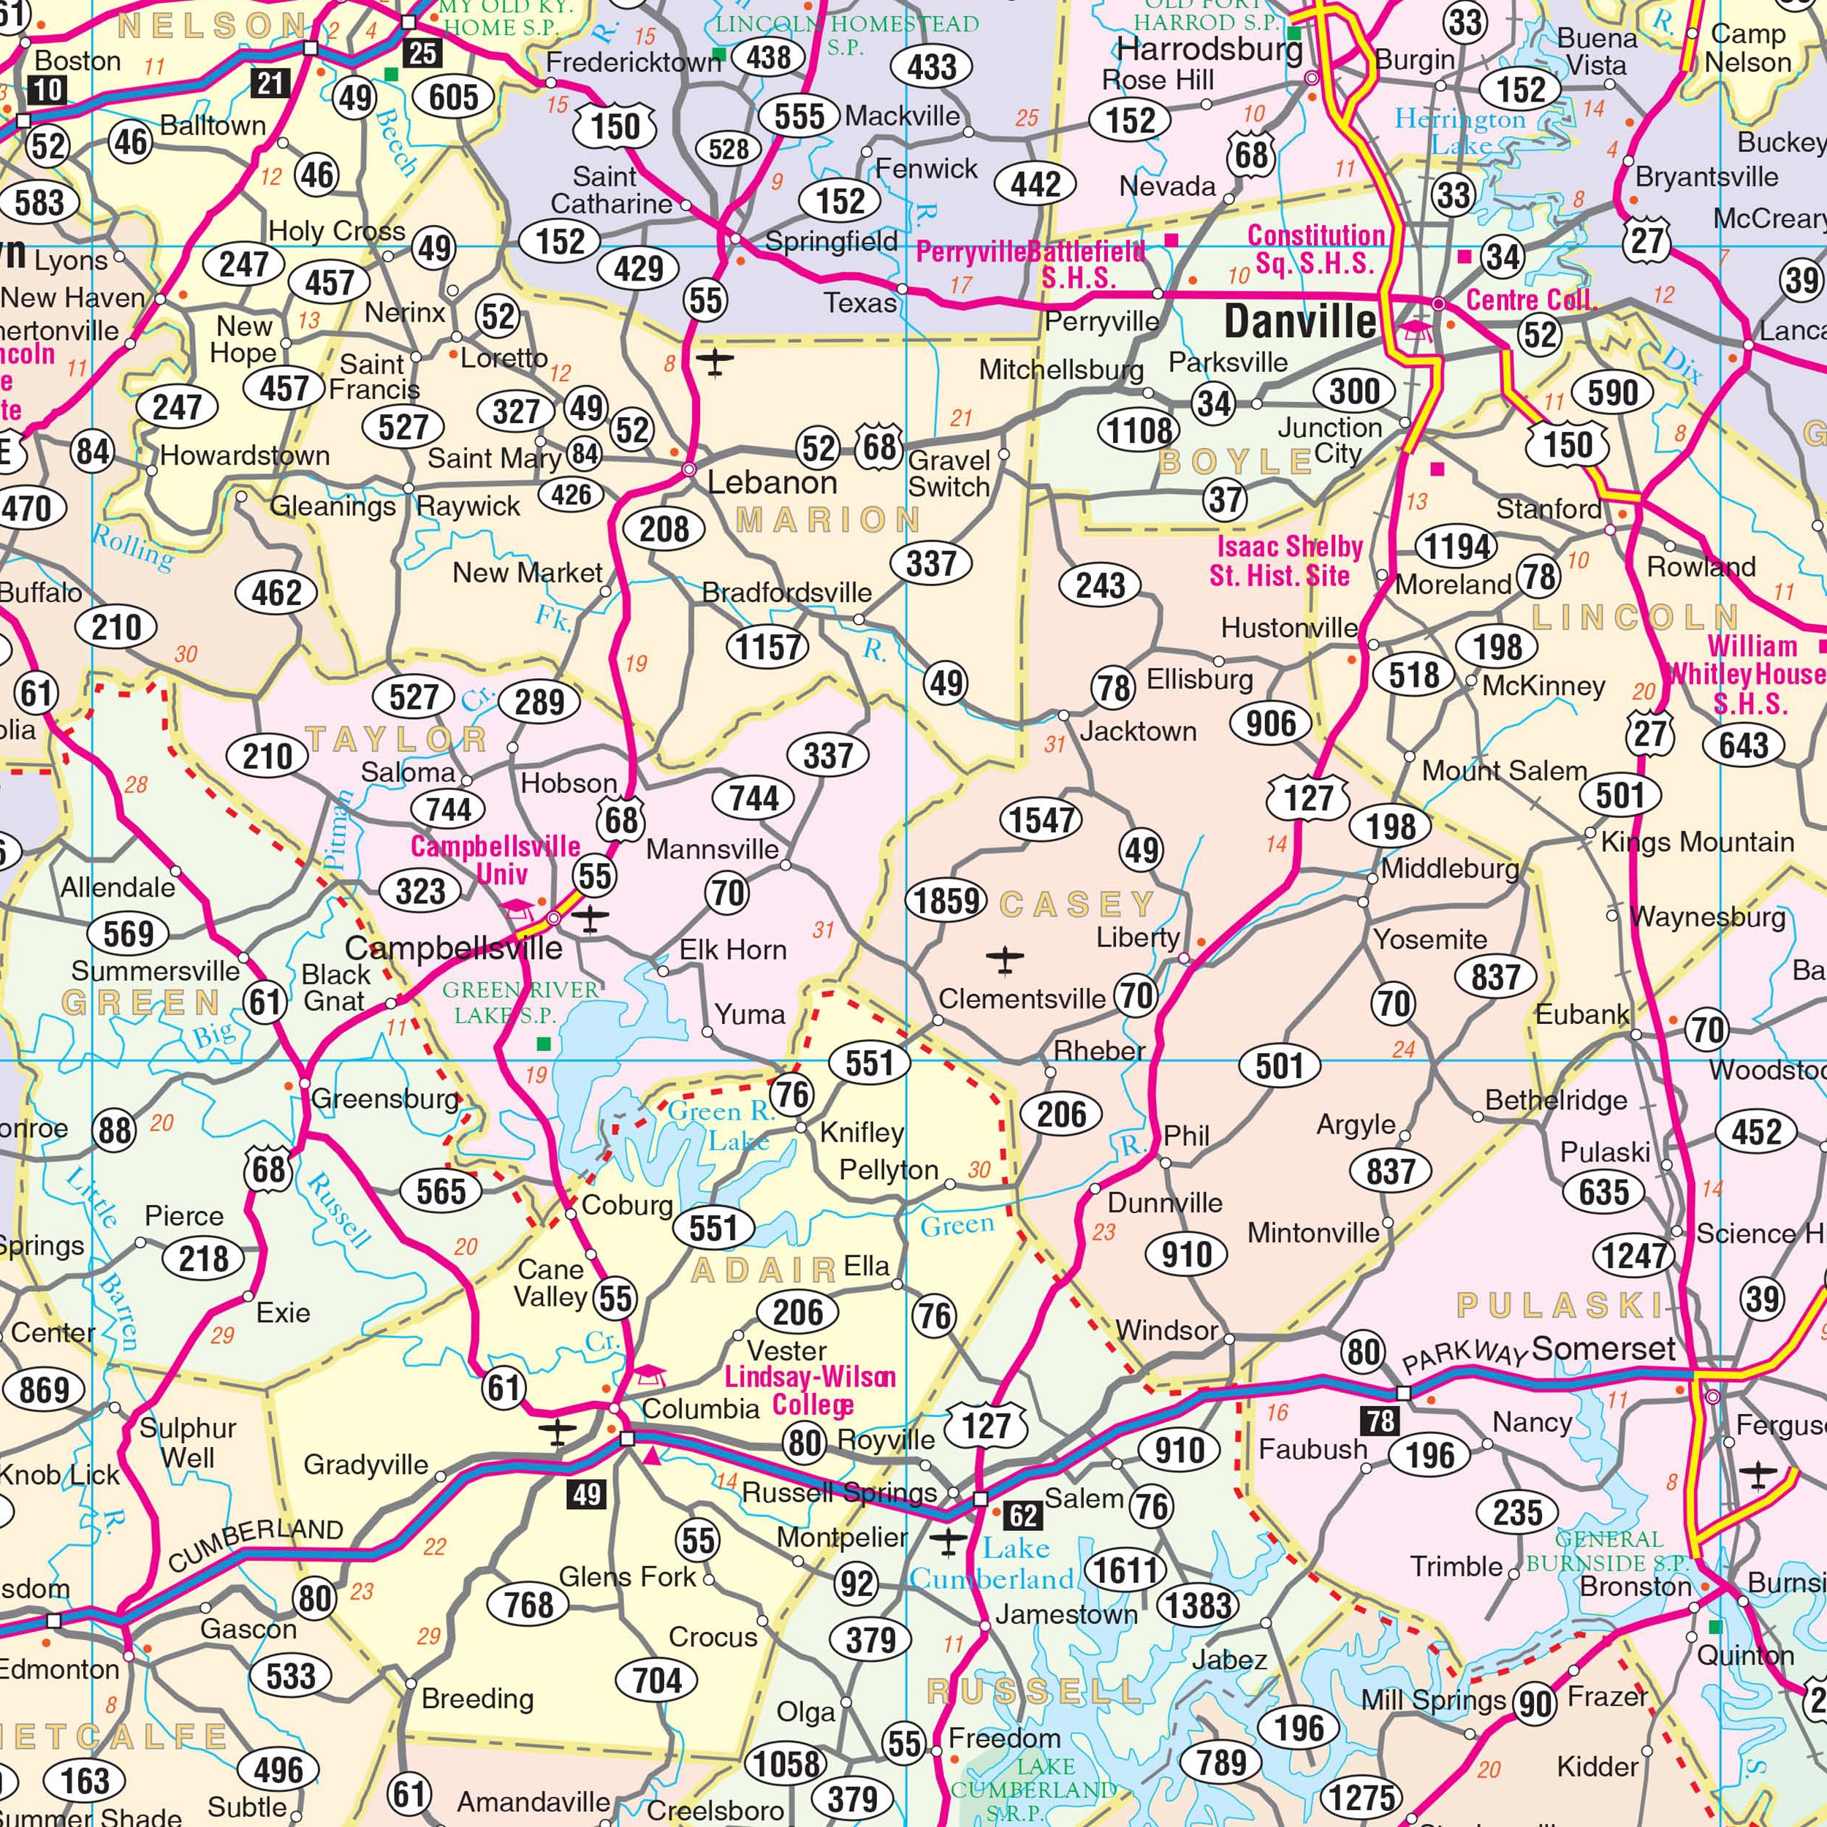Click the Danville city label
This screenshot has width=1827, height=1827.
click(x=1300, y=322)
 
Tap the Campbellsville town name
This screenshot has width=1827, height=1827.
click(x=453, y=948)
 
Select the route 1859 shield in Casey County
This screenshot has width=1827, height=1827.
click(x=946, y=900)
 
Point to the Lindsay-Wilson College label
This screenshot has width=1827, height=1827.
click(x=810, y=1390)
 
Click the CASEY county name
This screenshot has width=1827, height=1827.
click(x=1077, y=905)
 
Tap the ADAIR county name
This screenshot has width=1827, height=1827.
click(x=764, y=1270)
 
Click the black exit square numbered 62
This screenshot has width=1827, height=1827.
click(x=1023, y=1516)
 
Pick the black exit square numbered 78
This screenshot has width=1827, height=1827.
click(x=1380, y=1421)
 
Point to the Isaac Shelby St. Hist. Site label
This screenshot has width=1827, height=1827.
click(x=1288, y=561)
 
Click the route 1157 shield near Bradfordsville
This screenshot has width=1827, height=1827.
click(x=768, y=647)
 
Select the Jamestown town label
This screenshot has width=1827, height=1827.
click(x=1066, y=1614)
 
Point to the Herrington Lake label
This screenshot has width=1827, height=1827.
click(x=1460, y=132)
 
